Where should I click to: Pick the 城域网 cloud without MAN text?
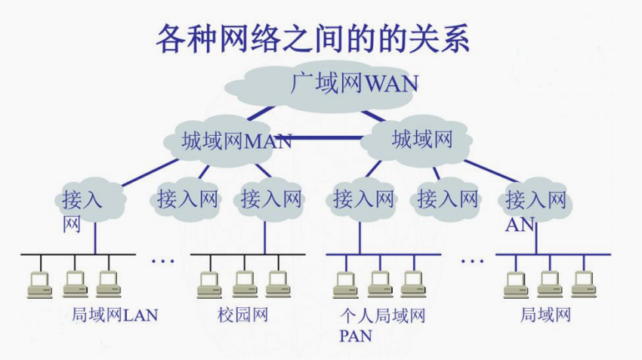pyautogui.click(x=421, y=139)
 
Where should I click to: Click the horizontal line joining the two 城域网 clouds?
pyautogui.click(x=325, y=139)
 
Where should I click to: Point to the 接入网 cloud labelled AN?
pyautogui.click(x=536, y=200)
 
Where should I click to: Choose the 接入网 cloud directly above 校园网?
pyautogui.click(x=270, y=199)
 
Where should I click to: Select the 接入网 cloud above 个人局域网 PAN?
pyautogui.click(x=363, y=199)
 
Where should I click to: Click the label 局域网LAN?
pyautogui.click(x=115, y=315)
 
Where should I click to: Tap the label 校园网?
pyautogui.click(x=242, y=315)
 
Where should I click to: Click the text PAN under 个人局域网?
pyautogui.click(x=356, y=335)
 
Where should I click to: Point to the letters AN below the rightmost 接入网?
pyautogui.click(x=520, y=224)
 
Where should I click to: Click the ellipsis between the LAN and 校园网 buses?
pyautogui.click(x=162, y=261)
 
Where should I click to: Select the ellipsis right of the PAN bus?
pyautogui.click(x=472, y=261)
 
